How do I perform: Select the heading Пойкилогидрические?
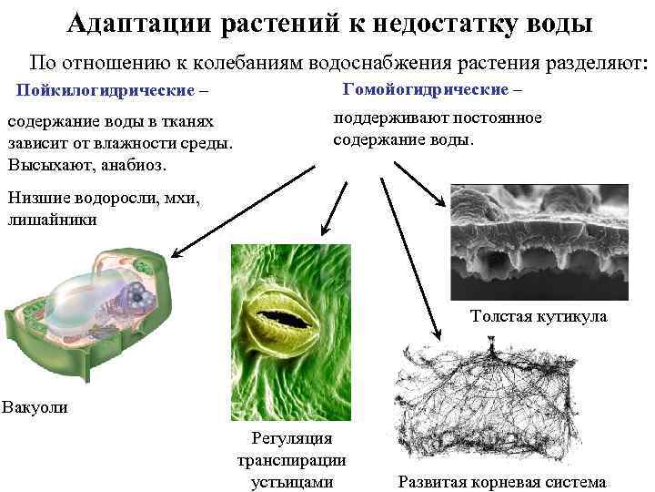coord(105,91)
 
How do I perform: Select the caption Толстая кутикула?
coord(539,317)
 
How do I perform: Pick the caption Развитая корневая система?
coord(501,482)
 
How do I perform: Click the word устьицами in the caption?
coord(291,482)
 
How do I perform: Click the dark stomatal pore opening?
coord(286,319)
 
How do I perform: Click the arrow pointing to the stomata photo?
coord(334,205)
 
